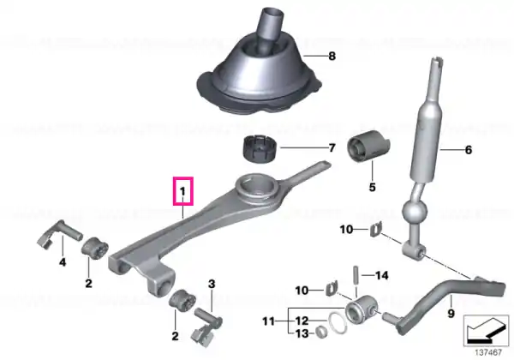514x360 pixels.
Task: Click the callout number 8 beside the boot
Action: click(332, 56)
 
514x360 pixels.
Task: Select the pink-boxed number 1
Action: click(183, 191)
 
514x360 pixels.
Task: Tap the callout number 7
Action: click(332, 148)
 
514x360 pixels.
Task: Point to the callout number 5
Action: click(372, 187)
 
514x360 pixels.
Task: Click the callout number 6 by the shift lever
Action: click(469, 150)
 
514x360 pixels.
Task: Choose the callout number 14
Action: click(381, 275)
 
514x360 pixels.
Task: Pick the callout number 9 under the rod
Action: click(451, 314)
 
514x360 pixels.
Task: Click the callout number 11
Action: click(268, 321)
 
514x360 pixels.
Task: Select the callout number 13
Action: click(302, 333)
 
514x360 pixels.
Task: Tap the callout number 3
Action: click(212, 284)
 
